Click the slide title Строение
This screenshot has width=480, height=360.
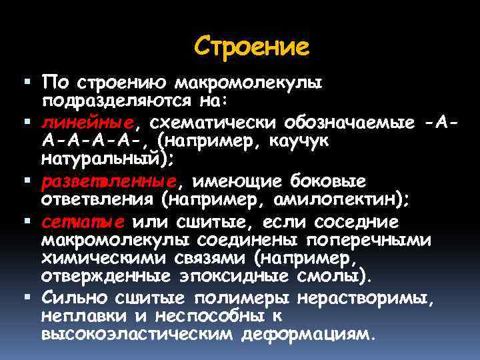252,47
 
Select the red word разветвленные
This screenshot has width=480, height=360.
109,182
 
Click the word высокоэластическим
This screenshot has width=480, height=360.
137,333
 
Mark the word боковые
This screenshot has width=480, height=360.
337,182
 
